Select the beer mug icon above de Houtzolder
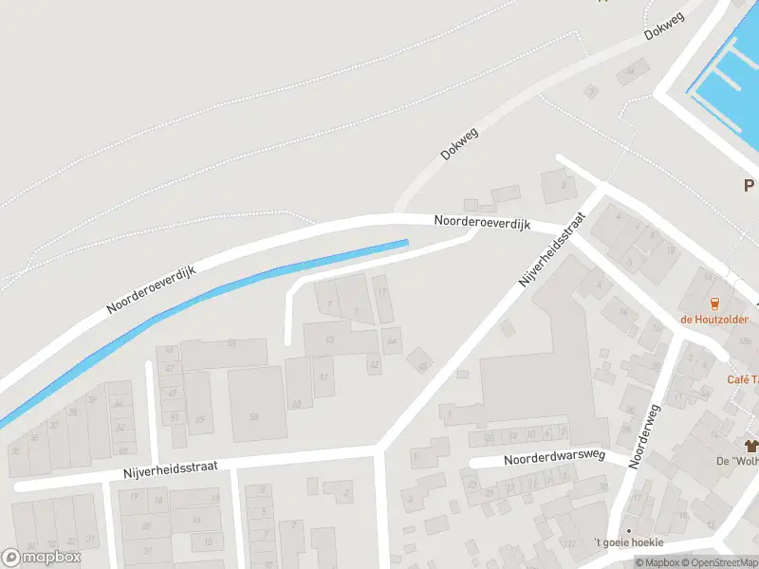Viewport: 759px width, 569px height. [x=713, y=303]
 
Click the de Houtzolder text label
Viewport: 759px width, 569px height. [x=713, y=320]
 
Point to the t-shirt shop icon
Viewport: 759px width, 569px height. [x=751, y=445]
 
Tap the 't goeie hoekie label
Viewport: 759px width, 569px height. [x=629, y=542]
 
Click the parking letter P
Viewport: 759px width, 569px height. [x=749, y=186]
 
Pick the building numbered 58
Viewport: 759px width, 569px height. [x=253, y=415]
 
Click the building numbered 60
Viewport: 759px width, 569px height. [x=296, y=404]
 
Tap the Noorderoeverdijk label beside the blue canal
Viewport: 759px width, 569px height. [x=152, y=290]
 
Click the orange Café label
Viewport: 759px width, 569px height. [x=742, y=379]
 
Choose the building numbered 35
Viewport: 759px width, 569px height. [x=16, y=449]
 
